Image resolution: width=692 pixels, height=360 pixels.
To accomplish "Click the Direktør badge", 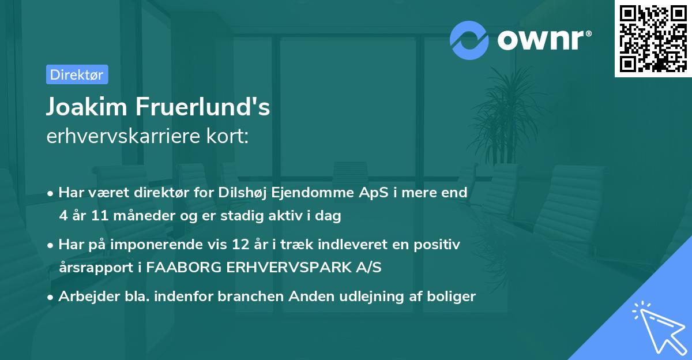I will [77, 74].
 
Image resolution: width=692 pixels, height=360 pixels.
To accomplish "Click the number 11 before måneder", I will [97, 216].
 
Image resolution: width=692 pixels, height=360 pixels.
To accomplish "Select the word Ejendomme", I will [331, 193].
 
